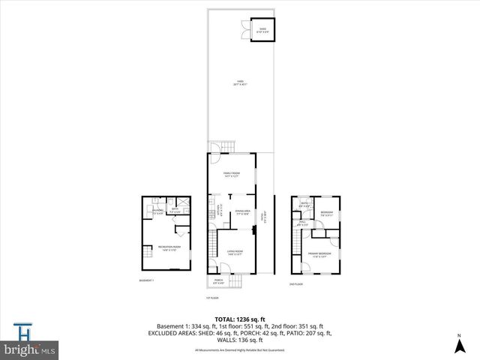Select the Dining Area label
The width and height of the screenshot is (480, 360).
(239, 213)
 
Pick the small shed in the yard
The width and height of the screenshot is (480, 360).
(262, 30)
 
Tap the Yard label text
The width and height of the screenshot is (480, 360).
(241, 82)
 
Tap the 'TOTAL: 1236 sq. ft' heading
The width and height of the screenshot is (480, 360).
(239, 319)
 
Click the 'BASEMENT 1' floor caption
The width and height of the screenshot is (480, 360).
(146, 280)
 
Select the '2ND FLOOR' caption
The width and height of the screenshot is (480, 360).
(297, 284)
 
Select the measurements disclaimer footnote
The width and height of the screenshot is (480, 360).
(239, 349)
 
